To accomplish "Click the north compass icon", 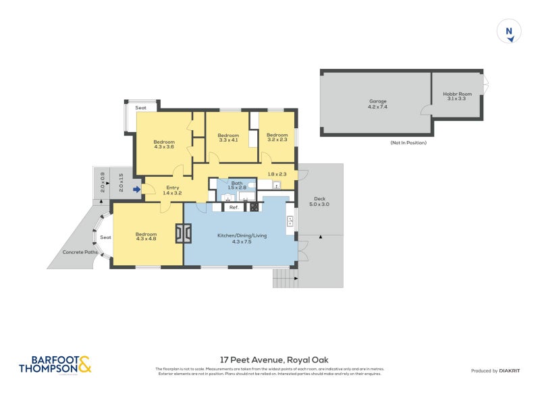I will click(x=510, y=32).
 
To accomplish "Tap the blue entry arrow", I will click(x=136, y=190).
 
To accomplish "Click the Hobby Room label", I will click(x=457, y=96).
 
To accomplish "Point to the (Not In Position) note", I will click(x=408, y=143).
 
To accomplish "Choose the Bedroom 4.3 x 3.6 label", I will click(x=164, y=144).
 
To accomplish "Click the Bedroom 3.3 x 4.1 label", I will click(x=228, y=138).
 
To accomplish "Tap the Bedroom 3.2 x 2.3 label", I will click(x=277, y=138).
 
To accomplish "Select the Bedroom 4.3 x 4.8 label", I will click(x=146, y=237).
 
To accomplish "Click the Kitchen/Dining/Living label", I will click(x=242, y=237).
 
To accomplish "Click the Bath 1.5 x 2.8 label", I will click(x=237, y=186).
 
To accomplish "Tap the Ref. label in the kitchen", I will click(x=234, y=208).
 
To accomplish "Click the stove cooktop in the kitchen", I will click(x=254, y=208).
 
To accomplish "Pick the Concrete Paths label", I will click(x=80, y=252).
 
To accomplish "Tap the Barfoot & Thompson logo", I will click(x=55, y=364).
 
